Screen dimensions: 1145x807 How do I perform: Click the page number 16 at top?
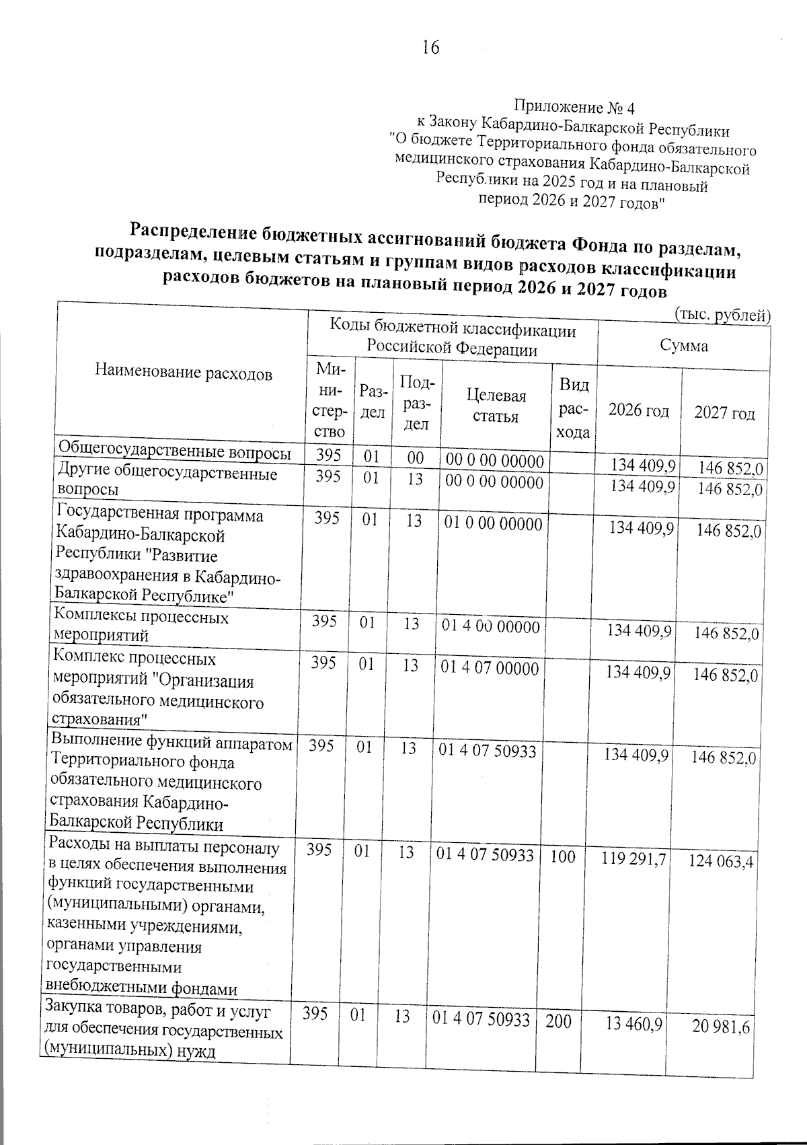tap(430, 48)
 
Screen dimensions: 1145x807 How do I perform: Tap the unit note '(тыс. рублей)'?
tap(722, 314)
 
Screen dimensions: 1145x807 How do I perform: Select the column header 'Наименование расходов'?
tap(184, 373)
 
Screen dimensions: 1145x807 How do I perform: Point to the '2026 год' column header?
tap(638, 410)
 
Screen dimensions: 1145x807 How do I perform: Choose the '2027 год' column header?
tap(724, 413)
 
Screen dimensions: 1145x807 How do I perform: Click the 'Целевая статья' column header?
tap(496, 406)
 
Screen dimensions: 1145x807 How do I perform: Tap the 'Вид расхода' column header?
tap(574, 408)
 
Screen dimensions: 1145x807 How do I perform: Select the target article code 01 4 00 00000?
tap(490, 627)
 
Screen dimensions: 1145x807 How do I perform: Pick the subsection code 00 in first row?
tap(415, 457)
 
